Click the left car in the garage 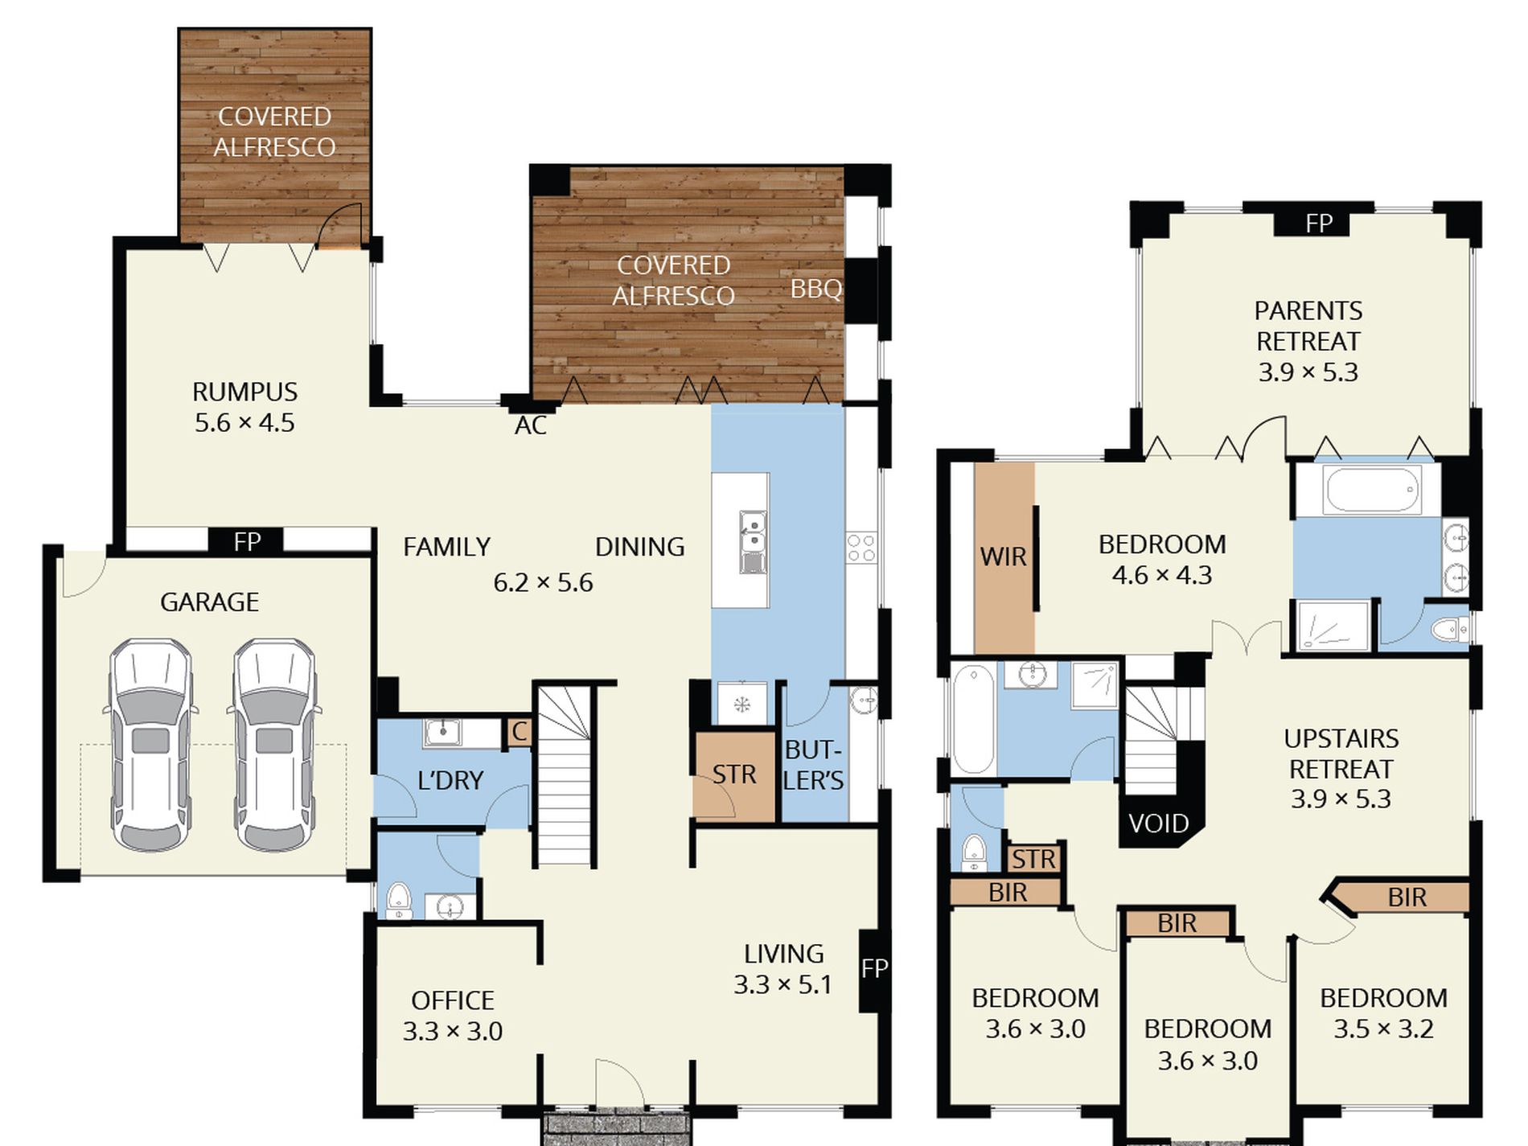[x=151, y=745]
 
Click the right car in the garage [x=274, y=745]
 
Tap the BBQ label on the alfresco [x=815, y=289]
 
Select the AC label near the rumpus [x=531, y=425]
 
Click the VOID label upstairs [x=1158, y=824]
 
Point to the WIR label [x=1003, y=557]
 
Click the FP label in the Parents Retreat [x=1319, y=223]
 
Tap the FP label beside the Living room [x=874, y=968]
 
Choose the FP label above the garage [x=247, y=542]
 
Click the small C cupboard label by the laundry [x=520, y=732]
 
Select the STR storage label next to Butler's [x=733, y=774]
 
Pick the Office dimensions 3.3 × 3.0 [x=453, y=1031]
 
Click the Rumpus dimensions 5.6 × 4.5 [x=244, y=423]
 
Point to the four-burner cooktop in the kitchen [x=861, y=547]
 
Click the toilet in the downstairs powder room [x=399, y=901]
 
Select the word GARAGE [x=209, y=602]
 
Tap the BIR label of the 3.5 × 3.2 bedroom [x=1407, y=897]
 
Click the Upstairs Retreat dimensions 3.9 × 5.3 [x=1341, y=799]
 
